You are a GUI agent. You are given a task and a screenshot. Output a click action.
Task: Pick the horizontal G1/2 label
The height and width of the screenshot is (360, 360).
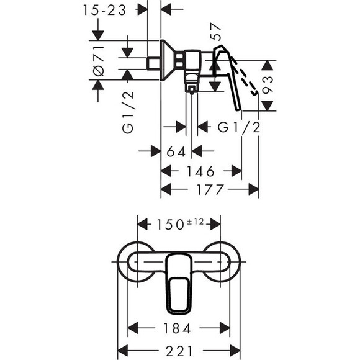(x=238, y=127)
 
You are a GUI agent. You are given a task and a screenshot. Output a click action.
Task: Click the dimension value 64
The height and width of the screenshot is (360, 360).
(x=177, y=151)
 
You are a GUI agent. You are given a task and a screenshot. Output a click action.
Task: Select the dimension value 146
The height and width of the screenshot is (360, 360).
(x=201, y=171)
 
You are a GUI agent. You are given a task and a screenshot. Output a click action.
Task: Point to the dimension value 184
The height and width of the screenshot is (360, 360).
(x=178, y=327)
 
